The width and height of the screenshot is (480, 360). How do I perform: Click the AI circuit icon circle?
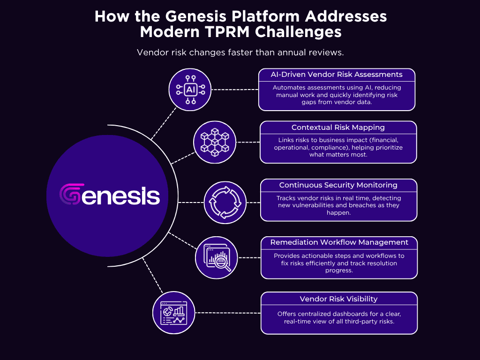190,90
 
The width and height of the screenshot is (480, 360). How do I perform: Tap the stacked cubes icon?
215,142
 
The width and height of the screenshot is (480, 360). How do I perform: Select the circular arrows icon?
225,202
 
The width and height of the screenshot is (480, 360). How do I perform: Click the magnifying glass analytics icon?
216,258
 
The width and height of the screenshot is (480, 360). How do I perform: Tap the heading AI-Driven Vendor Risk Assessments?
337,75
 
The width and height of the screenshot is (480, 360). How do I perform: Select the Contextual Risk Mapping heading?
338,127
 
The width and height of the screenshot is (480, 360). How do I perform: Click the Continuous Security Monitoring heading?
338,185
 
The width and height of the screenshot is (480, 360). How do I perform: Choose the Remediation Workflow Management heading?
339,243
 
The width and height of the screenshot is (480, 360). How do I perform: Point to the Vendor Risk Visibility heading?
338,299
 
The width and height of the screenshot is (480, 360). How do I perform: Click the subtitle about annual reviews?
240,52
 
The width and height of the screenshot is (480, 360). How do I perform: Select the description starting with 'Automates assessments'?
337,95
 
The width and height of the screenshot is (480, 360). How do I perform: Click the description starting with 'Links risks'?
338,147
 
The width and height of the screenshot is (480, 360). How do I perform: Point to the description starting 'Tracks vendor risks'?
338,205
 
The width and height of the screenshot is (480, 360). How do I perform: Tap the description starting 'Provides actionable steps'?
339,263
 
